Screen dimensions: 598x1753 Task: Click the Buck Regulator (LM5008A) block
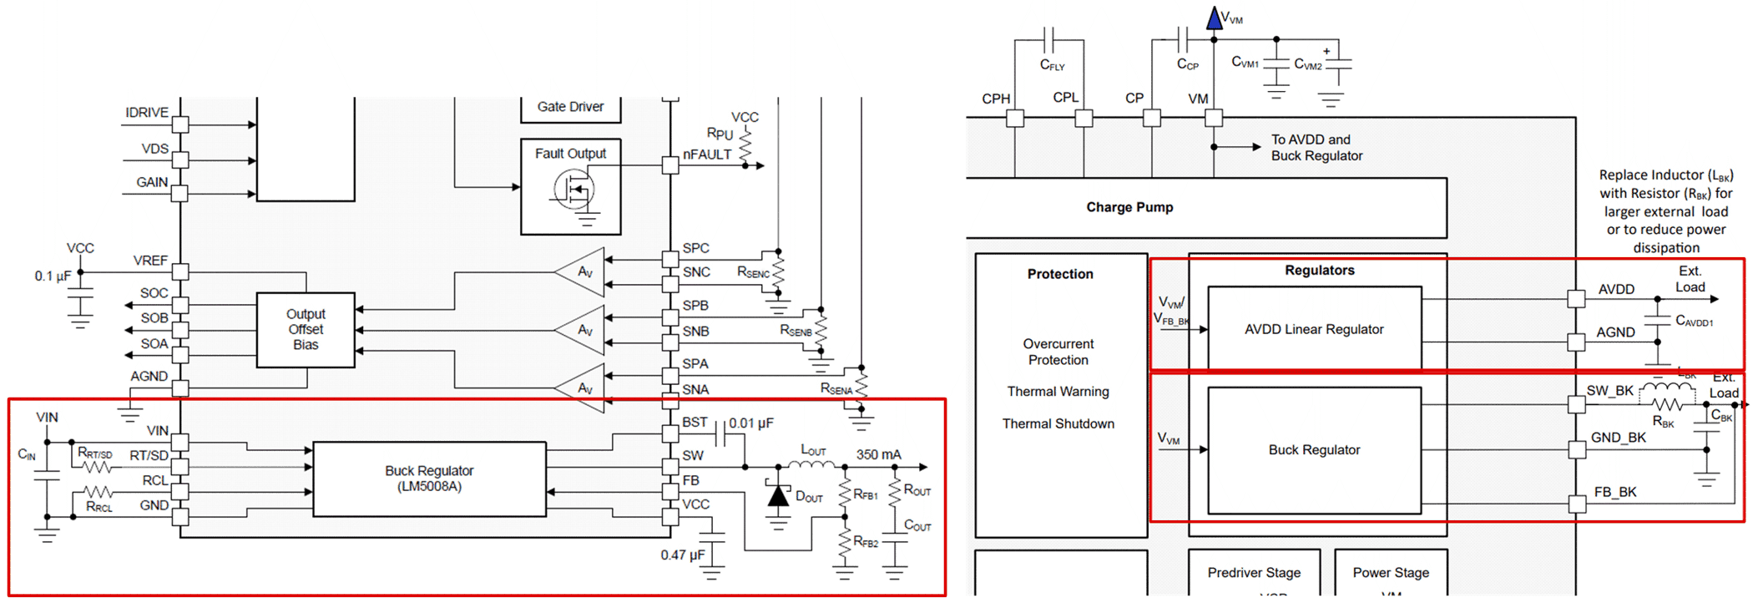pyautogui.click(x=429, y=479)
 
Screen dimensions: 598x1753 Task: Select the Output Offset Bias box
pyautogui.click(x=306, y=329)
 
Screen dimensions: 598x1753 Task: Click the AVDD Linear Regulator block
pyautogui.click(x=1314, y=329)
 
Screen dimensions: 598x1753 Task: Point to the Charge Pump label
pyautogui.click(x=1129, y=207)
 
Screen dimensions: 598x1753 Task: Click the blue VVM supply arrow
pyautogui.click(x=1215, y=18)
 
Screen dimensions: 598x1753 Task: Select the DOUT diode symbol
pyautogui.click(x=778, y=496)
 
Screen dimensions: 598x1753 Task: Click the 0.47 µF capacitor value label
pyautogui.click(x=682, y=555)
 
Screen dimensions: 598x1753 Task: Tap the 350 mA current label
pyautogui.click(x=878, y=454)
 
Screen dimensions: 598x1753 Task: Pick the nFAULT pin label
pyautogui.click(x=706, y=155)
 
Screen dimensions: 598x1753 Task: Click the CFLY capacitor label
pyautogui.click(x=1052, y=65)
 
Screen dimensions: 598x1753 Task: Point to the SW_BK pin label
pyautogui.click(x=1609, y=391)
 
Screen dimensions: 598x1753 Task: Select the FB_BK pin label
pyautogui.click(x=1614, y=492)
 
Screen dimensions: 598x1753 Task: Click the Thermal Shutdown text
pyautogui.click(x=1058, y=423)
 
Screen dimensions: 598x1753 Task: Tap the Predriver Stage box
pyautogui.click(x=1254, y=572)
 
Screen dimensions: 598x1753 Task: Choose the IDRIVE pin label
pyautogui.click(x=147, y=112)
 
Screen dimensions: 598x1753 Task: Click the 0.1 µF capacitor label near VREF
pyautogui.click(x=52, y=276)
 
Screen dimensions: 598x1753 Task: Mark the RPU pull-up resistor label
pyautogui.click(x=720, y=134)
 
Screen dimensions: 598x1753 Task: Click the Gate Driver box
pyautogui.click(x=570, y=107)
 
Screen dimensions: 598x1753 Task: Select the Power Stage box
pyautogui.click(x=1391, y=572)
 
